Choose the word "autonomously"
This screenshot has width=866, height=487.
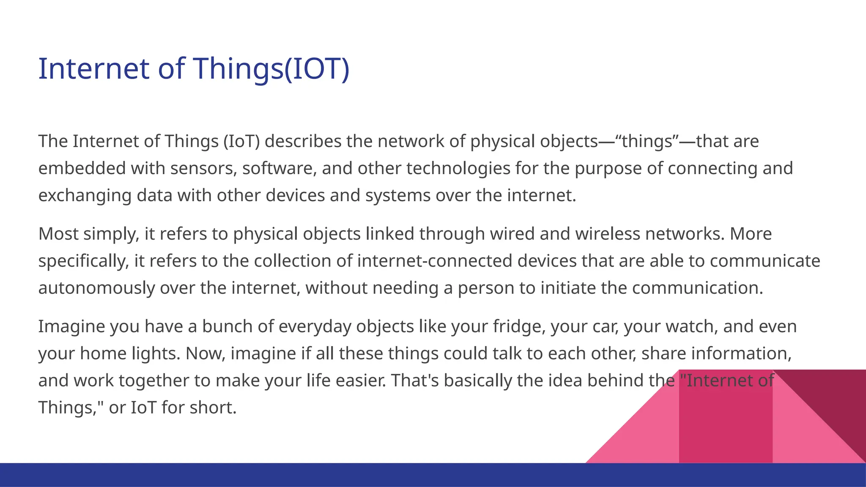tap(96, 288)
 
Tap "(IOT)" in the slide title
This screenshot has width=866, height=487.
tap(316, 68)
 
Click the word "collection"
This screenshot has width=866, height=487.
tap(292, 261)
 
